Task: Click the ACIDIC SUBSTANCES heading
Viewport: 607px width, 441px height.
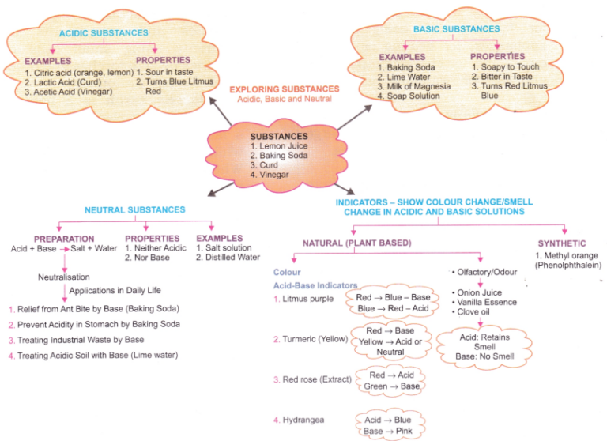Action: click(104, 33)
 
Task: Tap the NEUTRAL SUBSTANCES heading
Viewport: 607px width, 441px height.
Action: click(135, 210)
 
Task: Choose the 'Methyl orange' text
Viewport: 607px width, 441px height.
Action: click(567, 256)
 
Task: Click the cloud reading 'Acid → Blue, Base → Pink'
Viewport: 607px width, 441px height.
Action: click(388, 425)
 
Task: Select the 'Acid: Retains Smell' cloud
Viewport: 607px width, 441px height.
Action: click(485, 346)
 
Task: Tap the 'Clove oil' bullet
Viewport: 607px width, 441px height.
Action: click(477, 311)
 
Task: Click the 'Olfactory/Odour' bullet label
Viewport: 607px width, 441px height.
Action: click(484, 272)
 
